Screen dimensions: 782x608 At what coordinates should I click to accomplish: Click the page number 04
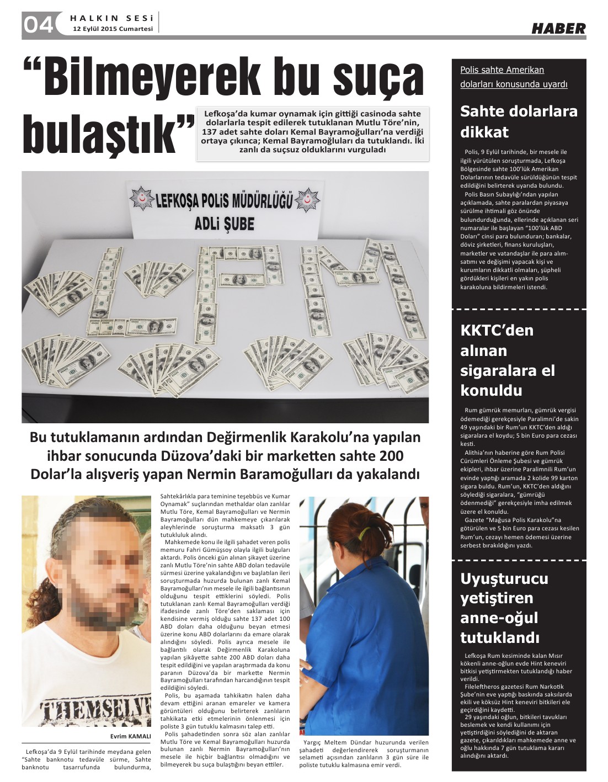[38, 25]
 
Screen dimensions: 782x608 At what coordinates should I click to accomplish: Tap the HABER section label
[558, 28]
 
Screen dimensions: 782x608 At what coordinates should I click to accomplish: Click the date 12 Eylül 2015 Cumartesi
[113, 29]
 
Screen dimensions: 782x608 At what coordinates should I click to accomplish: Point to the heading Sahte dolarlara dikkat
[519, 121]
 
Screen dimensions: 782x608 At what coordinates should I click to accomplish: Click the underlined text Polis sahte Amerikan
[502, 70]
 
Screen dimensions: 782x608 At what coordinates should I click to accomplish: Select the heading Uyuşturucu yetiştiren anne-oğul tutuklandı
[504, 608]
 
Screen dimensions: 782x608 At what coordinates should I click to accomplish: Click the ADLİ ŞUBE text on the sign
[225, 224]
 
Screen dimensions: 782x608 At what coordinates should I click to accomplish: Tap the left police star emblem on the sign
[142, 198]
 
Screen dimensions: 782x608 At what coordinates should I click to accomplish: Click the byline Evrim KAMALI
[130, 736]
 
